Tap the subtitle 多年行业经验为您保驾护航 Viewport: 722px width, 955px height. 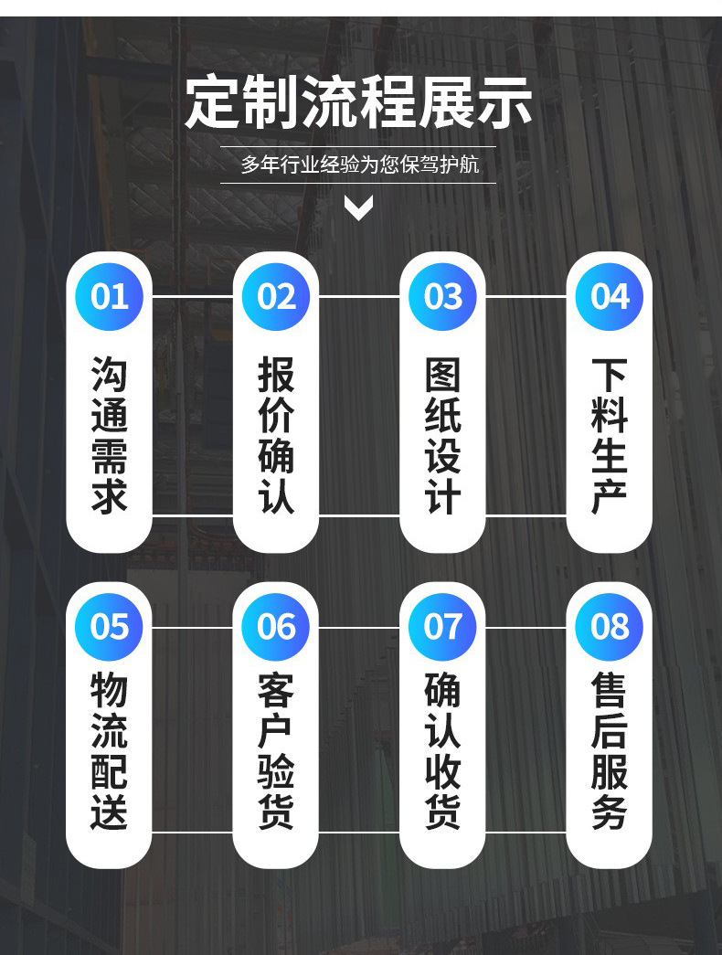[359, 165]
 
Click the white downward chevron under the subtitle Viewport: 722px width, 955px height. [358, 208]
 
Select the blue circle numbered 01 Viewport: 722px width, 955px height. [110, 297]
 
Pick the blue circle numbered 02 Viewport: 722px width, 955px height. [276, 297]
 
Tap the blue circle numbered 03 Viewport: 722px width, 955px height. [443, 297]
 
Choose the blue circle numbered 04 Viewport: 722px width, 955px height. [610, 297]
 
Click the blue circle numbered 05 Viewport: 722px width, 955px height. [110, 627]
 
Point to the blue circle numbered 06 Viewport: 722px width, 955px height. [276, 627]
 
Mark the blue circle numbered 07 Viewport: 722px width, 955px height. [443, 627]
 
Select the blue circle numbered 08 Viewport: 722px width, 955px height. [610, 627]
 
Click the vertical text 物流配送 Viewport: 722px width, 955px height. [110, 751]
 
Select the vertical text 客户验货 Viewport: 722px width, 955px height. [276, 751]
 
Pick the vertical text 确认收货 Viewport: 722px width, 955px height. [443, 751]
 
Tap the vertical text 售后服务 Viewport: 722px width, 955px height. [610, 751]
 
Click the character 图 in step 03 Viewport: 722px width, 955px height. [443, 374]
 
